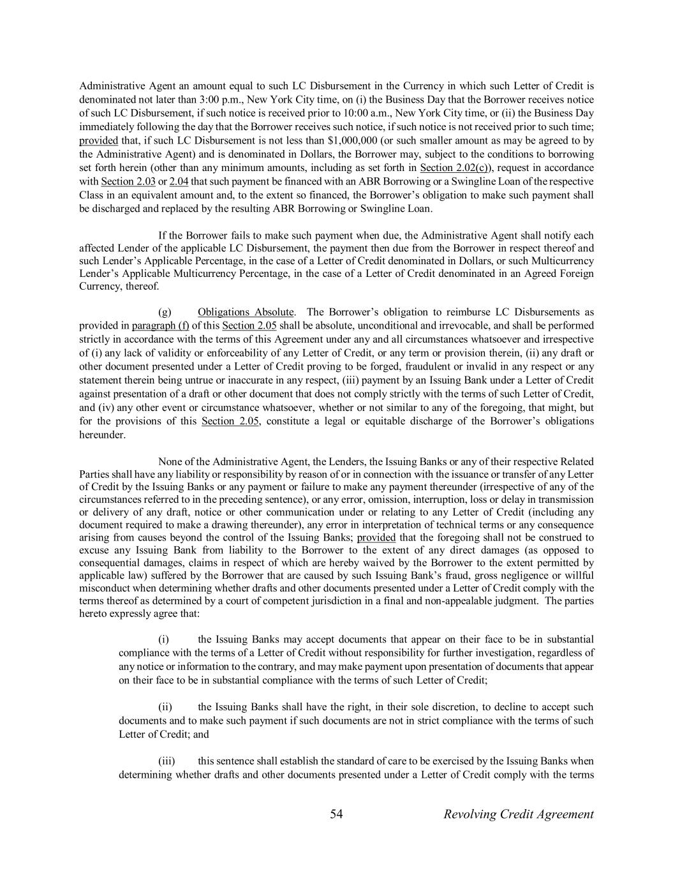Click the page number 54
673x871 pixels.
point(337,814)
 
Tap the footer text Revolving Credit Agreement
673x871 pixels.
point(519,814)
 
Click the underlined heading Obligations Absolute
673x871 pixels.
point(246,312)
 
